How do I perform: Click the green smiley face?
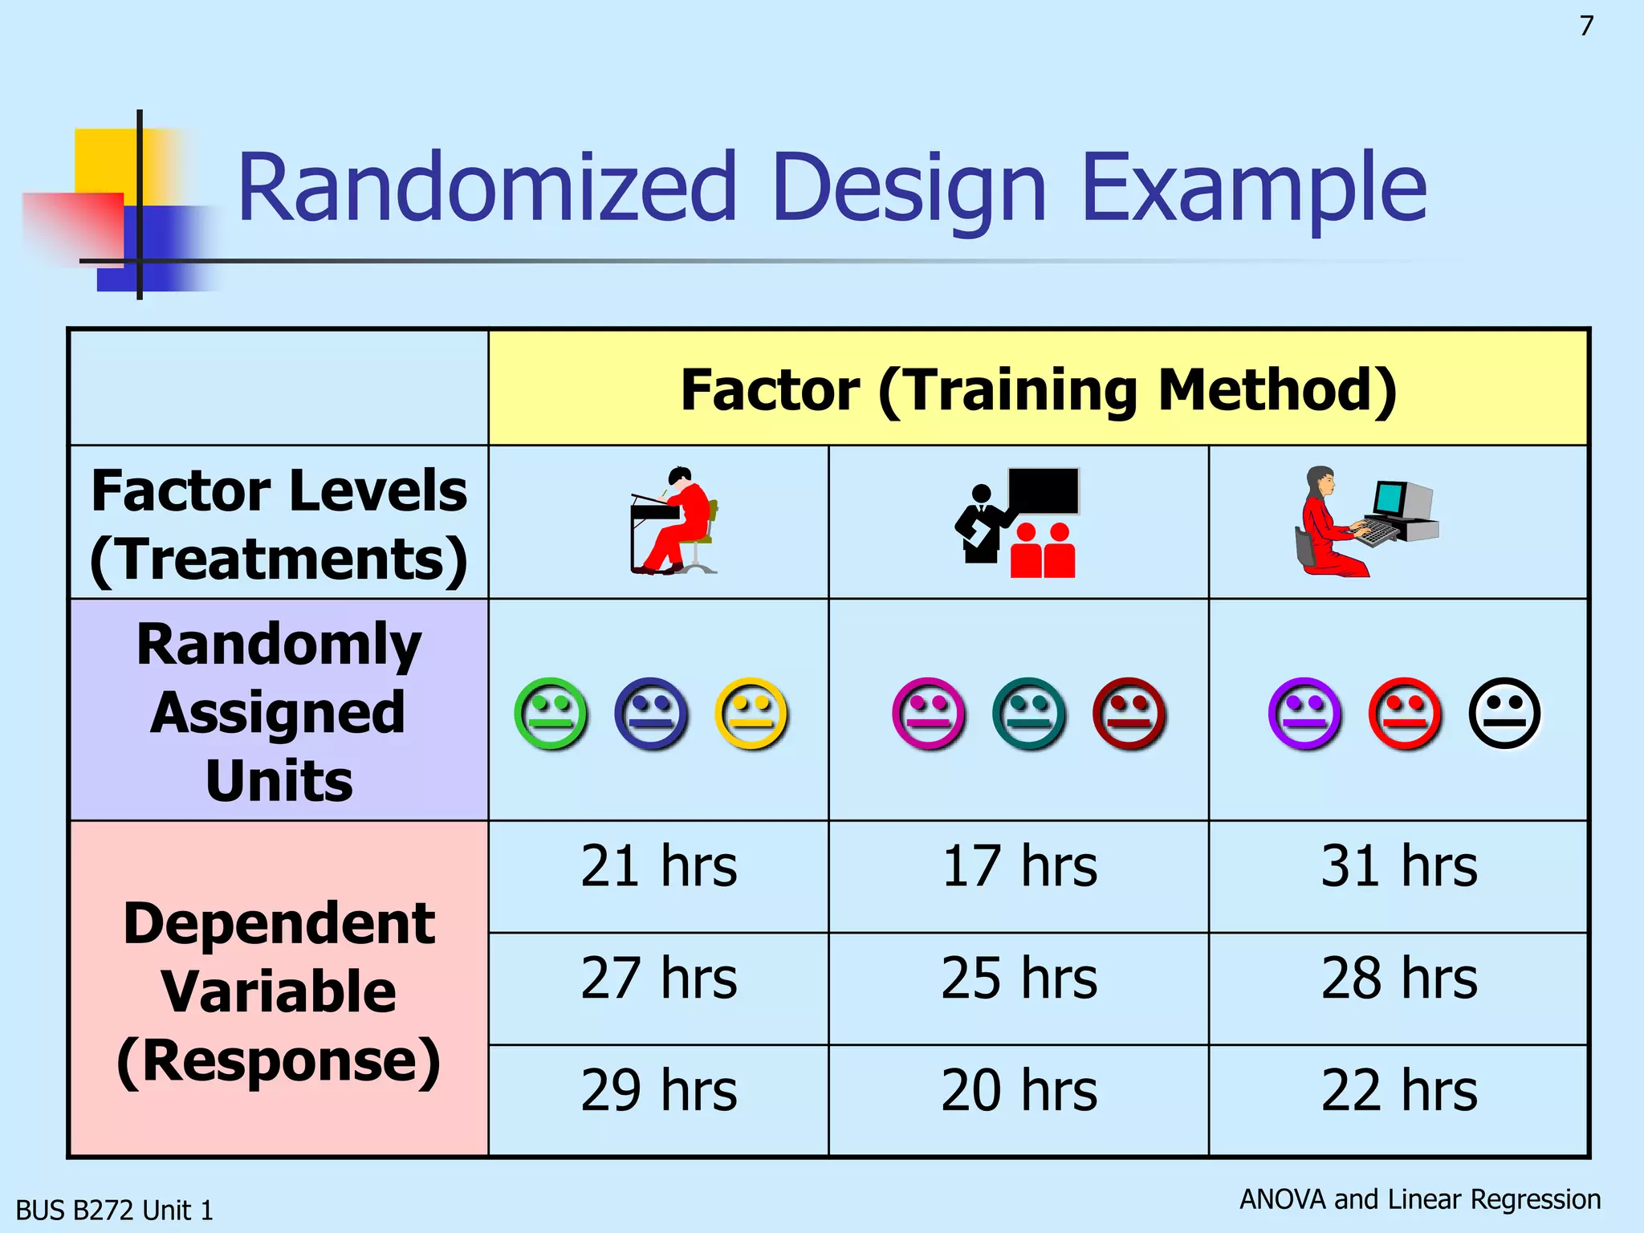[x=551, y=714]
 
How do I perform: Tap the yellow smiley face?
[x=751, y=714]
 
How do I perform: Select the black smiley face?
[x=1504, y=714]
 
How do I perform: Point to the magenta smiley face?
[x=928, y=714]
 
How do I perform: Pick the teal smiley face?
[x=1028, y=714]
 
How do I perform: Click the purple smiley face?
[x=1304, y=714]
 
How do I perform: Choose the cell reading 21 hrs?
[x=658, y=867]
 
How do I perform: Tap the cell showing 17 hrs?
[x=1019, y=867]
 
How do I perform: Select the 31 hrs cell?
[x=1398, y=867]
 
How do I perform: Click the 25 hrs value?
[x=1019, y=979]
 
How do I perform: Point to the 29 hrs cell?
[x=658, y=1092]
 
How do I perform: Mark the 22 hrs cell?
[x=1398, y=1092]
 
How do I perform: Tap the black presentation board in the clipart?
[x=1044, y=490]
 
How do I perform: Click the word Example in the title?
[x=1254, y=189]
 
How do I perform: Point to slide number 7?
[x=1586, y=26]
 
